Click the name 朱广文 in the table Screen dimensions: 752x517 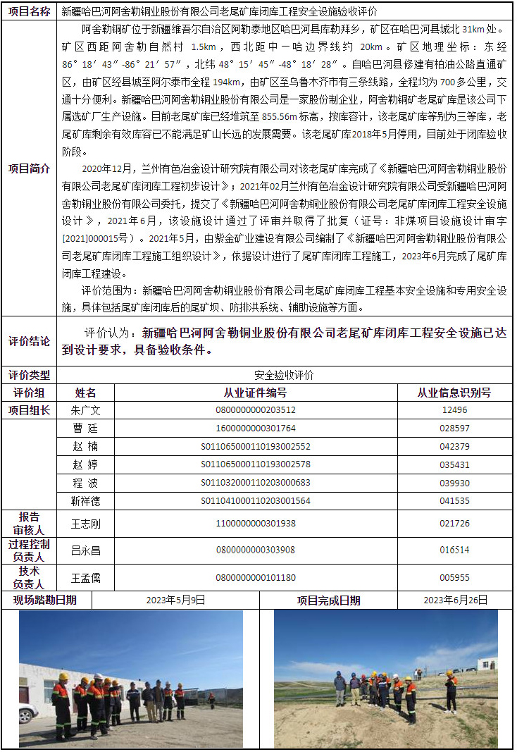click(86, 410)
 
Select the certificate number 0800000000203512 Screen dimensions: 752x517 click(255, 410)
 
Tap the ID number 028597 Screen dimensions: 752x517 click(454, 429)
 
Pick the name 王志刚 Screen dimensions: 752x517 click(86, 524)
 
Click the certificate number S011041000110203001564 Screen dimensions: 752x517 click(255, 501)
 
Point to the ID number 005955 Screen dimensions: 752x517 click(454, 578)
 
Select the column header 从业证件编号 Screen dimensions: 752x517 click(255, 393)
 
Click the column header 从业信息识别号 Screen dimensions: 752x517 click(454, 393)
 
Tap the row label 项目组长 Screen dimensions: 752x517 click(30, 410)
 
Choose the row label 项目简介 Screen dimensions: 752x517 click(30, 169)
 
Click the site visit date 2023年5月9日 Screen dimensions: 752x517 click(175, 600)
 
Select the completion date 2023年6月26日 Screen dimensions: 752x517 click(455, 600)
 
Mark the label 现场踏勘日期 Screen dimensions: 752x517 click(45, 600)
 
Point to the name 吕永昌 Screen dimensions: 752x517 click(86, 550)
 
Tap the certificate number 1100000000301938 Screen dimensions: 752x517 click(255, 524)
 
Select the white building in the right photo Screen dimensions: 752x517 click(487, 664)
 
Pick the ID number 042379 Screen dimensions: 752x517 click(454, 447)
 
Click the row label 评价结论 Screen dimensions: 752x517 click(30, 341)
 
